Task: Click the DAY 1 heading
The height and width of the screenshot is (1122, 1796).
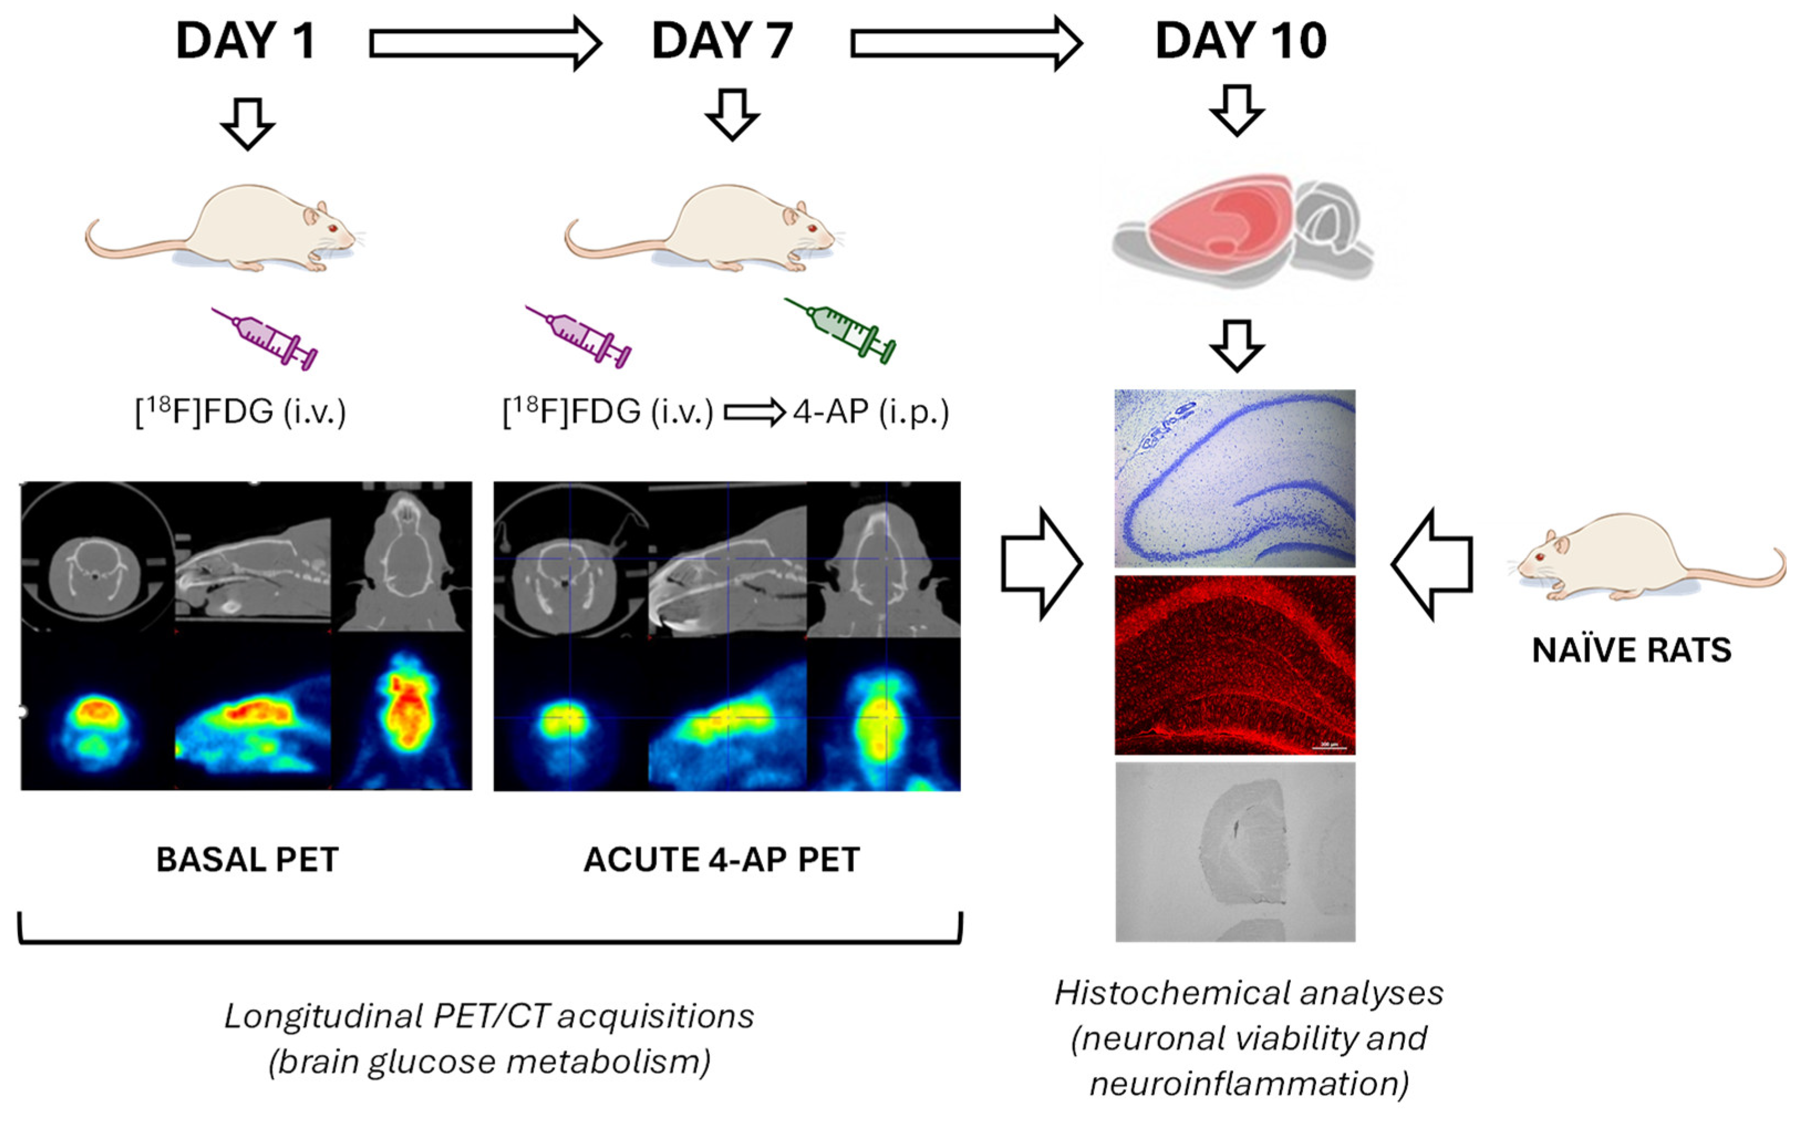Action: click(x=246, y=41)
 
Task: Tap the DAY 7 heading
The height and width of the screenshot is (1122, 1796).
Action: click(x=721, y=41)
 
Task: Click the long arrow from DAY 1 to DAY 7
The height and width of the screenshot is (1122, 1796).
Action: click(x=484, y=44)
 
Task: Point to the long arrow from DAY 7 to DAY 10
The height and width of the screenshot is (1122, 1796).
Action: click(x=965, y=44)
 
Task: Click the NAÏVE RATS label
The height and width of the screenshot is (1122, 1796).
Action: click(x=1631, y=651)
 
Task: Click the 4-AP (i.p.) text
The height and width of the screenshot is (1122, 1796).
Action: click(x=870, y=412)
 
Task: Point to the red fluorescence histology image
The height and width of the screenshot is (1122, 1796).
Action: click(x=1234, y=665)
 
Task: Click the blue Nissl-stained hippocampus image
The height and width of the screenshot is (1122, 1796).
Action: click(x=1234, y=478)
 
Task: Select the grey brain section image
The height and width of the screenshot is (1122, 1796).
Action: click(x=1234, y=853)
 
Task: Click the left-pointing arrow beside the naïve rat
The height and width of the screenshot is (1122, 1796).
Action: click(x=1431, y=564)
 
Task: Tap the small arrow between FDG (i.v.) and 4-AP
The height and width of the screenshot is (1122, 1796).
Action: click(x=753, y=413)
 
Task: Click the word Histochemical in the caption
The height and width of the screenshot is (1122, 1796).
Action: click(x=1146, y=993)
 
